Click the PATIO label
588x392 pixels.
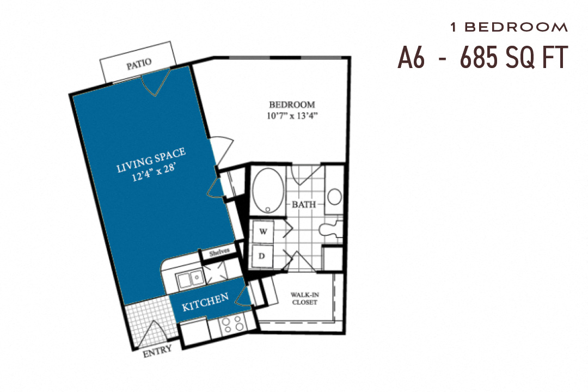pos(139,66)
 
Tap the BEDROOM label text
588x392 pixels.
pos(292,105)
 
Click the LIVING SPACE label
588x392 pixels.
pos(151,160)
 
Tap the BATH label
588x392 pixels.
pos(303,205)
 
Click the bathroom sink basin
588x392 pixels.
pos(334,196)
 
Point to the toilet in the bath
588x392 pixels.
pos(330,230)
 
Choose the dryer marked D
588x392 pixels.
pos(262,255)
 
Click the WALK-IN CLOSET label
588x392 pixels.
pos(304,298)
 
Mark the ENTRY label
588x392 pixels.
pos(157,350)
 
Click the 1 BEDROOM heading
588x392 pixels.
pos(509,27)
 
